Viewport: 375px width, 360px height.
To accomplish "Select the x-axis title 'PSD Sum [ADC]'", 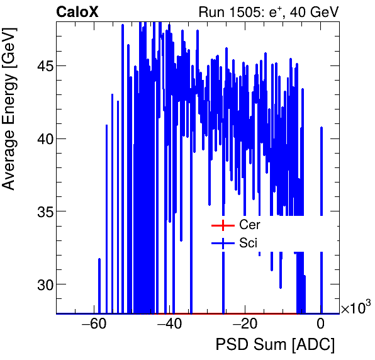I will tap(275, 344).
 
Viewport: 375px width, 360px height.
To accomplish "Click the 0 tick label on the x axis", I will tap(321, 325).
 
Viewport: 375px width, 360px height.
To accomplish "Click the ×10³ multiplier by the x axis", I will tap(355, 308).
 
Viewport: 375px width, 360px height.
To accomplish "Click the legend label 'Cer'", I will tap(249, 225).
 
